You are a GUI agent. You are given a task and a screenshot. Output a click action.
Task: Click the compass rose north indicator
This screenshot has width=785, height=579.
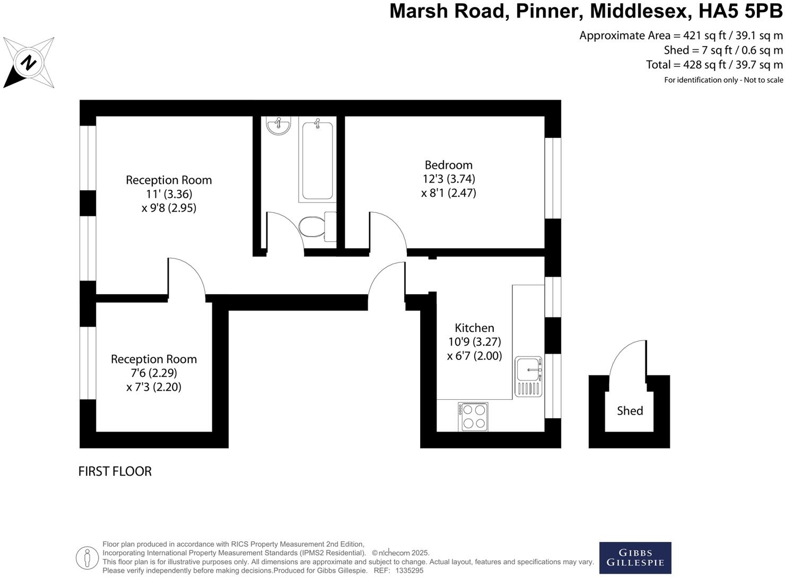29,63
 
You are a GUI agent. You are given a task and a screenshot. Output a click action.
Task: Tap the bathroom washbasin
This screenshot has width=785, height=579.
278,126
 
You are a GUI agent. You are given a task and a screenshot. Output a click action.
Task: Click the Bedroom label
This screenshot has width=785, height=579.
448,165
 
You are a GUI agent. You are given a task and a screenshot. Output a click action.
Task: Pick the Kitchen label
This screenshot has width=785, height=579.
474,328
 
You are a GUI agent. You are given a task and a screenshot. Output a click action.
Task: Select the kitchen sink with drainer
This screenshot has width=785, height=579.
528,376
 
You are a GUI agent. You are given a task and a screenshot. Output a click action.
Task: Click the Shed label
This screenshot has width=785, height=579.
630,410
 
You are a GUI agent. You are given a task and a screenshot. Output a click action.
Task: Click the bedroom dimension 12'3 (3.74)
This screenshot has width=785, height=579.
448,179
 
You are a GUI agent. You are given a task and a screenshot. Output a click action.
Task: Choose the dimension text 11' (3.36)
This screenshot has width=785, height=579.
169,194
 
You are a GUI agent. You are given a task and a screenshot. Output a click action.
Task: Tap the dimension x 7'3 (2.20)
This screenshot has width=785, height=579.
154,387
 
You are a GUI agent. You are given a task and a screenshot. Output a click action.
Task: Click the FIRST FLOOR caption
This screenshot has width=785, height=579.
115,471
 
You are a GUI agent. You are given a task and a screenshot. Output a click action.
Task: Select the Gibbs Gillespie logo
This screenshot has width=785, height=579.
635,557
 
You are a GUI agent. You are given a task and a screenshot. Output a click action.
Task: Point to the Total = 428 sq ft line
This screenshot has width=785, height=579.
714,65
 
